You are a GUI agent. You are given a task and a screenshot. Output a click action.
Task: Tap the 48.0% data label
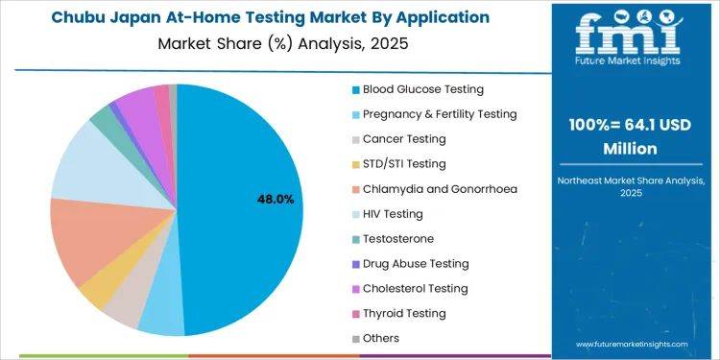pos(276,199)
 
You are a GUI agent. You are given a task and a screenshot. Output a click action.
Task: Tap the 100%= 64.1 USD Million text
pos(630,137)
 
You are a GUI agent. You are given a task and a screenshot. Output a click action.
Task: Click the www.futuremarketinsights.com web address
pos(632,344)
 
